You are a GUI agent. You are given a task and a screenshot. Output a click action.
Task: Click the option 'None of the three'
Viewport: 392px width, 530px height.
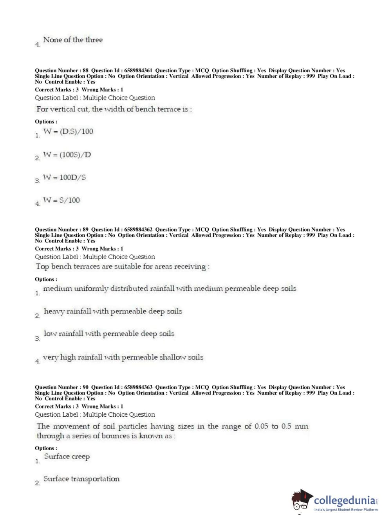[73, 40]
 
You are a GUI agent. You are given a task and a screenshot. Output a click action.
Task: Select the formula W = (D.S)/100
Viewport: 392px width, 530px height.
[68, 132]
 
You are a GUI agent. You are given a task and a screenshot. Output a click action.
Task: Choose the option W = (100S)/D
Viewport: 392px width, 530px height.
[67, 155]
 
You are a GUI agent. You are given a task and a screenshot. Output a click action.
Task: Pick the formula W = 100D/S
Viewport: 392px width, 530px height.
[64, 177]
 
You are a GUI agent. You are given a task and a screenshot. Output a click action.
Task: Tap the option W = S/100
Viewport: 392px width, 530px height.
[61, 200]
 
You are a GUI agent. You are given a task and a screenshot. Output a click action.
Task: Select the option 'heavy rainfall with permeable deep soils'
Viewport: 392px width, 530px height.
[113, 312]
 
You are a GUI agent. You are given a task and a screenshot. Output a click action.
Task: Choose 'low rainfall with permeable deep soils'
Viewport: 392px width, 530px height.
[109, 334]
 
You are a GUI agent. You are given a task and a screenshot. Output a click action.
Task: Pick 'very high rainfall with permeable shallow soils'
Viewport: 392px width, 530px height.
[123, 357]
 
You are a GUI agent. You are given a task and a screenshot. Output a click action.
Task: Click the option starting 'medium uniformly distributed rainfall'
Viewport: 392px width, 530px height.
[170, 289]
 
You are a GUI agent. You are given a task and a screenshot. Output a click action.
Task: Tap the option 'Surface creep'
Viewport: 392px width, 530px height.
[67, 457]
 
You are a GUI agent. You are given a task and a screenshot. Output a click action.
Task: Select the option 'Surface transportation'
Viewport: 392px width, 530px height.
[81, 479]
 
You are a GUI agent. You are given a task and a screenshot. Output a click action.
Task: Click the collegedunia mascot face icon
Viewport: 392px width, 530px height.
[302, 500]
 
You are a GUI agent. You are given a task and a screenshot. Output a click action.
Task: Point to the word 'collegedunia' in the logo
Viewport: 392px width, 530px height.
[345, 500]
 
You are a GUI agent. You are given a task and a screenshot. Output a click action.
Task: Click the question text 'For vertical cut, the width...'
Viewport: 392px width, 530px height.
[114, 109]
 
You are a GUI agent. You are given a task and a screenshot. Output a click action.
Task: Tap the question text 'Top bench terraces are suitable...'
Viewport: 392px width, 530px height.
[123, 267]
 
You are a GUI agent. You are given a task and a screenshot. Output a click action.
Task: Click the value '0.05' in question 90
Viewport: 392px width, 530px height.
[261, 426]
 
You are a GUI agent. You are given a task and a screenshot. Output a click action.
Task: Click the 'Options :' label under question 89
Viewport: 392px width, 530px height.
[46, 279]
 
